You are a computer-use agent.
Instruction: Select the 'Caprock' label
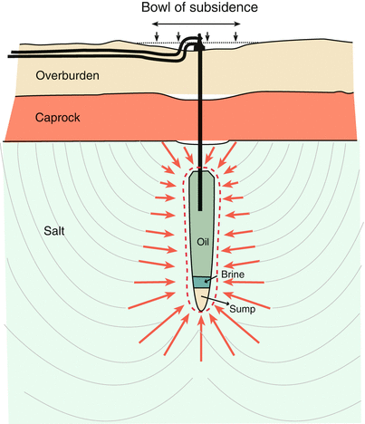click(x=57, y=118)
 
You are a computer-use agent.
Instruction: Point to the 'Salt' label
click(x=56, y=231)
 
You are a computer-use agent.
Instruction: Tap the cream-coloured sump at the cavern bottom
click(x=200, y=299)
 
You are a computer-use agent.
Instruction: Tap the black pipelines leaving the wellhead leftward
click(x=91, y=53)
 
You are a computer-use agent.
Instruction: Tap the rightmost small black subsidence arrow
click(x=236, y=37)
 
